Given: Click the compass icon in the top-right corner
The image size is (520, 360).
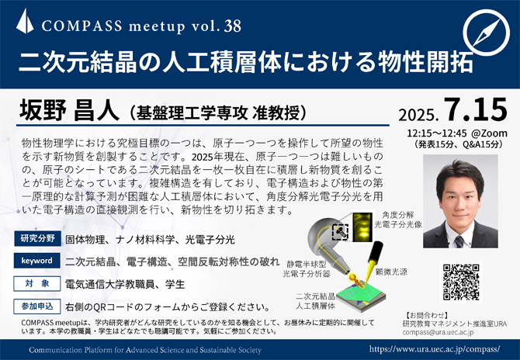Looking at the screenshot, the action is pos(486,33).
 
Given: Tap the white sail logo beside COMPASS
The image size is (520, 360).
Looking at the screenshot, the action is pos(25,21).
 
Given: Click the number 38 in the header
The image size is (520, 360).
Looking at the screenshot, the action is pos(233,26).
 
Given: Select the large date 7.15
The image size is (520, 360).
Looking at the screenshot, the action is pos(476,109).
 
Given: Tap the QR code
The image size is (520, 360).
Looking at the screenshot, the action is pos(461,282).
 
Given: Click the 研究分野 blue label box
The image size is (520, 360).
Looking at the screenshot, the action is pos(37,238).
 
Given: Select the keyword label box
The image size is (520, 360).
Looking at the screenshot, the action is pos(36,261).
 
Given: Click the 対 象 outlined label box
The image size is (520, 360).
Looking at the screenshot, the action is pos(36,283).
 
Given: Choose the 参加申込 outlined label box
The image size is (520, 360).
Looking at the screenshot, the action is pos(36,306).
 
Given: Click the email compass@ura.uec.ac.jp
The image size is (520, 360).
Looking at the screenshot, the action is pos(438,332).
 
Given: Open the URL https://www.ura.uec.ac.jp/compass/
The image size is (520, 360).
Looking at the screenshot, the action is pos(435,349).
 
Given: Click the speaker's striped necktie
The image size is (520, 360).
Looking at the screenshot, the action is pos(459,241).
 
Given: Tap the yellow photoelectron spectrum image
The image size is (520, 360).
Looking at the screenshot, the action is pos(362,227).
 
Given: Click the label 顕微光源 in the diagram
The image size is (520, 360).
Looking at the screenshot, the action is pos(391,272).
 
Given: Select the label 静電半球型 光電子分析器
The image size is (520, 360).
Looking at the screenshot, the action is pos(307,269).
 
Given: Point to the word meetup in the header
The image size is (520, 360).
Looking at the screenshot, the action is pos(157,26).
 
